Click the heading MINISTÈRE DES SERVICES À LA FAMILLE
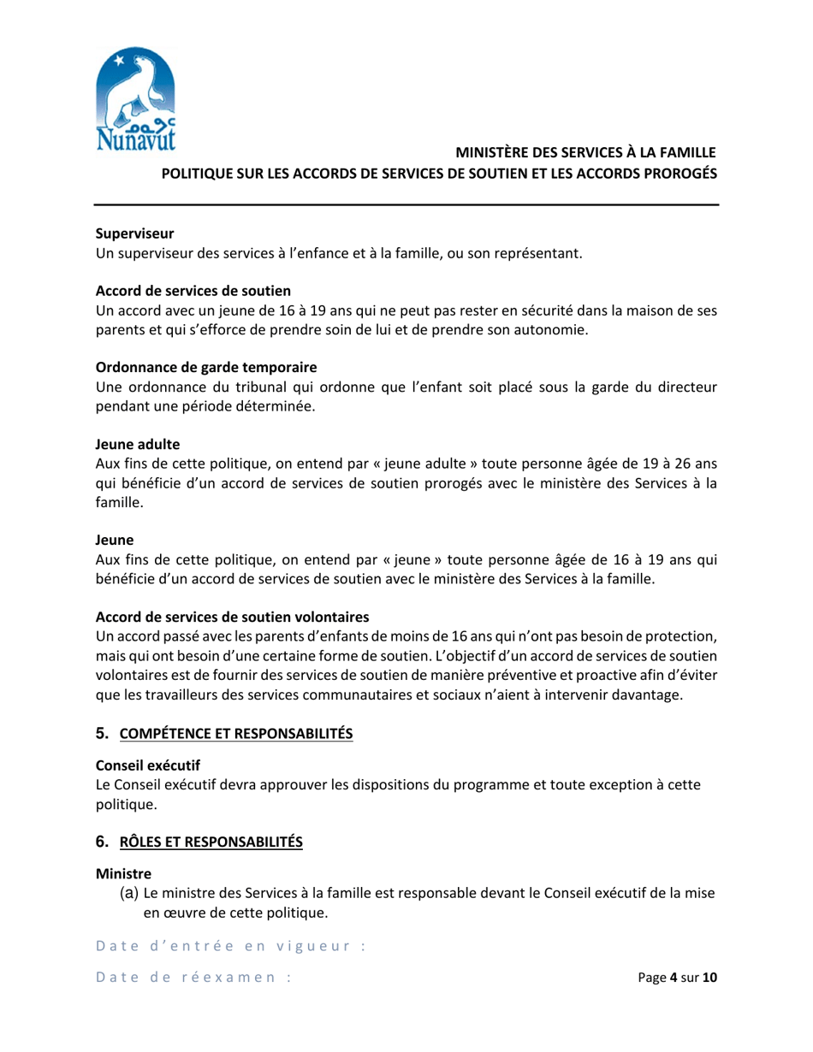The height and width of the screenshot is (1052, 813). click(585, 153)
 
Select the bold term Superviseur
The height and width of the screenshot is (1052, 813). click(134, 233)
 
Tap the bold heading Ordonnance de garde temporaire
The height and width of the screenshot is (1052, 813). click(205, 367)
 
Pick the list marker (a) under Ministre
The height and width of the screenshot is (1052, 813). click(128, 894)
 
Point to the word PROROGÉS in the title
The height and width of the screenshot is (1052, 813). click(673, 173)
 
